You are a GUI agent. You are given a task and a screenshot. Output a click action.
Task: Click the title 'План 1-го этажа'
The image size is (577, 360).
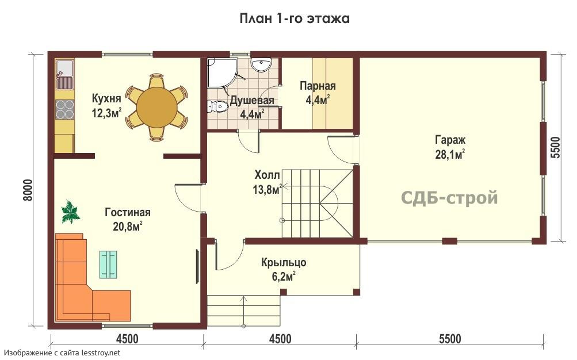point(295,18)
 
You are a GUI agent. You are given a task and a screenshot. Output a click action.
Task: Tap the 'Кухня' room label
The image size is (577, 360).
point(106,98)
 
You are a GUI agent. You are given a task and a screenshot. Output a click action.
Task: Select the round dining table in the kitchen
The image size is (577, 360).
point(156,108)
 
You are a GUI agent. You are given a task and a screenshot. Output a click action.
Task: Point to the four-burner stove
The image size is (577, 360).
point(65,109)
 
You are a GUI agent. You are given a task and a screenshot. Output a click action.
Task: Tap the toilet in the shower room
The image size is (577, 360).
point(217,106)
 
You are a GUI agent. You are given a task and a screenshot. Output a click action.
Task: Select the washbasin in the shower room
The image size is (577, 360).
point(261,64)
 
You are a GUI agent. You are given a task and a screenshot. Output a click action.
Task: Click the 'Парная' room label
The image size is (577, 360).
point(318,86)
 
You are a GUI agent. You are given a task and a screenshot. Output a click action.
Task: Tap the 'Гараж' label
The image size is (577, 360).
point(450,140)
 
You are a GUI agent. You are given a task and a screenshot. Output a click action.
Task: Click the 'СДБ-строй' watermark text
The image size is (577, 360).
point(449,197)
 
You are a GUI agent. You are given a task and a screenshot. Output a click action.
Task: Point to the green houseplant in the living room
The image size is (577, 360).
point(70,212)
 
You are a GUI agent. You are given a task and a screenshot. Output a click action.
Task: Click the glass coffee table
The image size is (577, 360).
point(108,265)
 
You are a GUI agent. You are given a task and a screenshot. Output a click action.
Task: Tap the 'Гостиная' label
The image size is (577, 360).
point(128,213)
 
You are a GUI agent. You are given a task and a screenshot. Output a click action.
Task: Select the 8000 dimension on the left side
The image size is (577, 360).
point(28,190)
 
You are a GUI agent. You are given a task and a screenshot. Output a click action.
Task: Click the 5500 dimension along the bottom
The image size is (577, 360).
point(450,338)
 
